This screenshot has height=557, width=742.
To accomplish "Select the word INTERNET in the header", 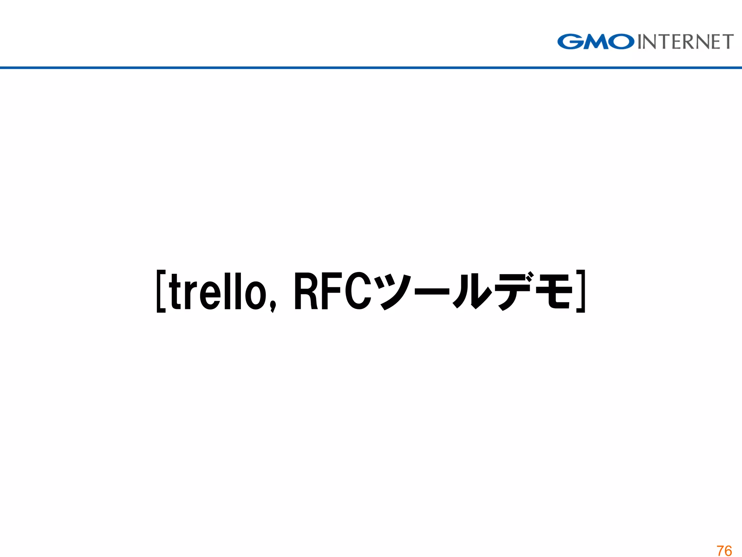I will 685,42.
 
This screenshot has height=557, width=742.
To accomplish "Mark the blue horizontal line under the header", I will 371,67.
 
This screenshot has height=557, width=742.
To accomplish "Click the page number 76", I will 724,550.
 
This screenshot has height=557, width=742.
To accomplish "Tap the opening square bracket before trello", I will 161,291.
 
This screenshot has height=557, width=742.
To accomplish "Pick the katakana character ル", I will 472,292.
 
